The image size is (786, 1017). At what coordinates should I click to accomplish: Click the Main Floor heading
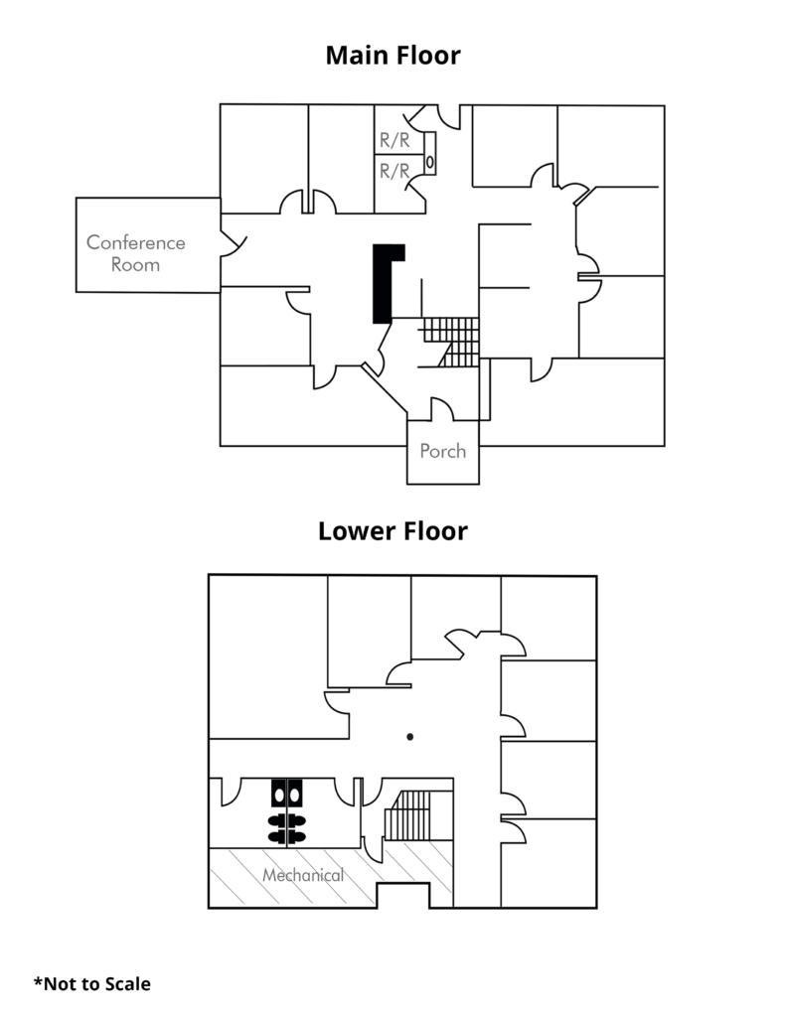point(393,56)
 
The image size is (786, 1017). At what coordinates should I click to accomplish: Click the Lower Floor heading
point(393,531)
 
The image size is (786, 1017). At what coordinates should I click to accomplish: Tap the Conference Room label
point(136,253)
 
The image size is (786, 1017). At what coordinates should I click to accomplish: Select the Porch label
point(442,451)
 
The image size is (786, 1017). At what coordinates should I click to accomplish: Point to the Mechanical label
point(303,876)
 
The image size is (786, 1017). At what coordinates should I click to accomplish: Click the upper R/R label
point(394,141)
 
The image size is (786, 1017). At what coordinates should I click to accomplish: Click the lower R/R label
point(394,171)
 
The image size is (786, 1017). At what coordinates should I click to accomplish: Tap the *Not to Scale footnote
point(92,984)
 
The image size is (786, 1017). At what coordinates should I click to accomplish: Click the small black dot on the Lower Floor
point(409,736)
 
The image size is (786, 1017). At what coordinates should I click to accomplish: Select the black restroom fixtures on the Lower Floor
point(287,812)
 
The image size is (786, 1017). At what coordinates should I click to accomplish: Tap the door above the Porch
point(442,407)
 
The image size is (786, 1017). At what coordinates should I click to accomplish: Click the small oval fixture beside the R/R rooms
point(430,160)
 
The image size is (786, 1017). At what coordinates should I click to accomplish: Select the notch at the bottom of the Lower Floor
point(401,895)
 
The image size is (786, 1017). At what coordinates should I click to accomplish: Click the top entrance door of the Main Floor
point(444,116)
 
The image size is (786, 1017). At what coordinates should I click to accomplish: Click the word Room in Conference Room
point(136,265)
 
